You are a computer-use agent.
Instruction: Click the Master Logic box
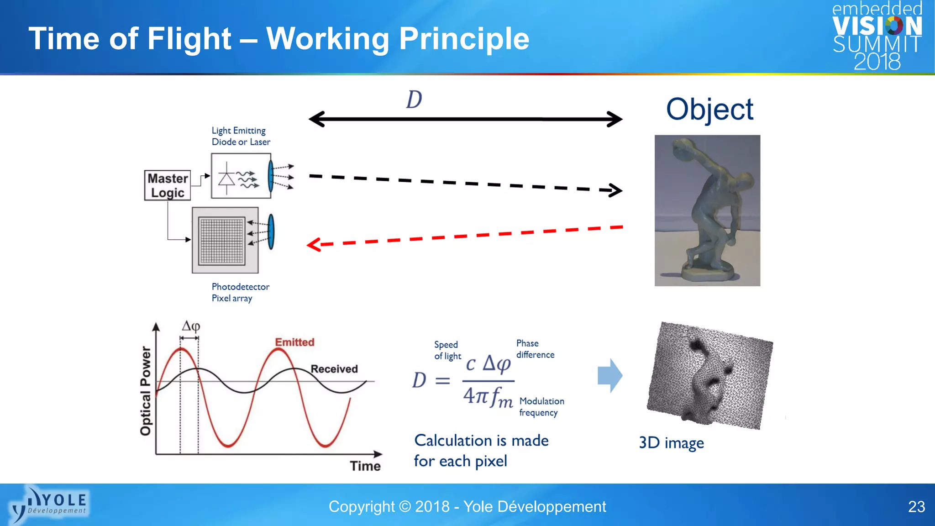pos(168,185)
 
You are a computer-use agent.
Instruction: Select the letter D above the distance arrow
pos(414,100)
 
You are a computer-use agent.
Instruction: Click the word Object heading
pos(709,110)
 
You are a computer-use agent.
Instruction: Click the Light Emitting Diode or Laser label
pos(241,136)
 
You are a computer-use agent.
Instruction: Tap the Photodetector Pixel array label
pos(240,292)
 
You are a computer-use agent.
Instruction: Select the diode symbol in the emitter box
pos(227,178)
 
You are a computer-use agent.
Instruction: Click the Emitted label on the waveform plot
pos(294,342)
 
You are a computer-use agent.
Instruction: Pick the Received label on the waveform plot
pos(334,369)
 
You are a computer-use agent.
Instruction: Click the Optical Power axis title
pos(146,391)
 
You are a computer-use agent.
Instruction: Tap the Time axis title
pos(365,466)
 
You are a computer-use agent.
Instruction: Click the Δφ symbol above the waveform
pos(191,326)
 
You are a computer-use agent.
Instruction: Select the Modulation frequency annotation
pos(541,406)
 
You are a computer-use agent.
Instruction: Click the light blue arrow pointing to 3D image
pos(610,376)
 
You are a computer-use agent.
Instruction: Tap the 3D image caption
pos(671,443)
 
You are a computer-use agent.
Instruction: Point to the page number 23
pos(916,507)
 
